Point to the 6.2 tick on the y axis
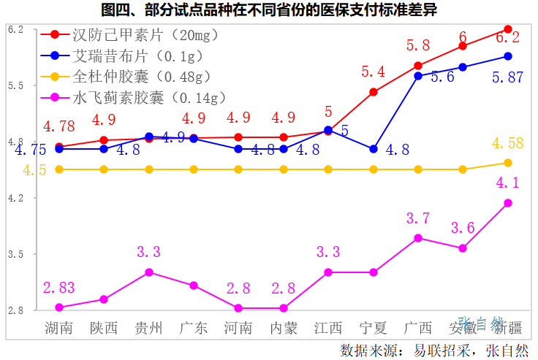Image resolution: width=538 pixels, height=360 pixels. [15, 29]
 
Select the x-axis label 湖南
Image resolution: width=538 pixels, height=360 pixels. [58, 327]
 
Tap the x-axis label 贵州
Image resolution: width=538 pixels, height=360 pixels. [148, 327]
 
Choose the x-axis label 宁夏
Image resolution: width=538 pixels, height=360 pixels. [373, 327]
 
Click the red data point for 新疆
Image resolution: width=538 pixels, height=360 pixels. [507, 29]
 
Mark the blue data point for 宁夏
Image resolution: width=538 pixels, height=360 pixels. [373, 149]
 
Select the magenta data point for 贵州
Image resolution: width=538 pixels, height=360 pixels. [148, 272]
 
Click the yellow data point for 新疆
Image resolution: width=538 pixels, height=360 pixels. [507, 162]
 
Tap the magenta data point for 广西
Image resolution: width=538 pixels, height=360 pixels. [417, 238]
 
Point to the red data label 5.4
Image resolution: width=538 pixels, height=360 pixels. [373, 72]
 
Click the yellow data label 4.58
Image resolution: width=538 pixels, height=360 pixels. [507, 143]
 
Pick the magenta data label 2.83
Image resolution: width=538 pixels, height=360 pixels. [58, 288]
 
